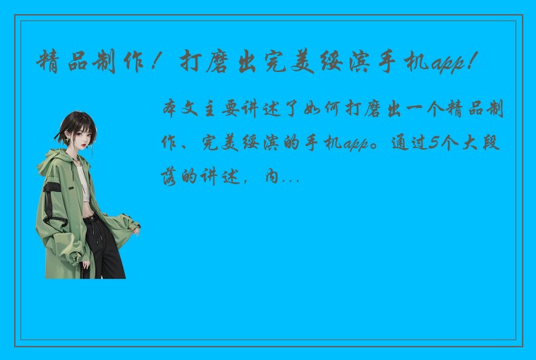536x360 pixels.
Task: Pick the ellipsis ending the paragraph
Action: pyautogui.click(x=289, y=176)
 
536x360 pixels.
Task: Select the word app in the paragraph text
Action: pyautogui.click(x=357, y=145)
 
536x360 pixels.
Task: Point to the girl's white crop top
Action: pyautogui.click(x=83, y=184)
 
